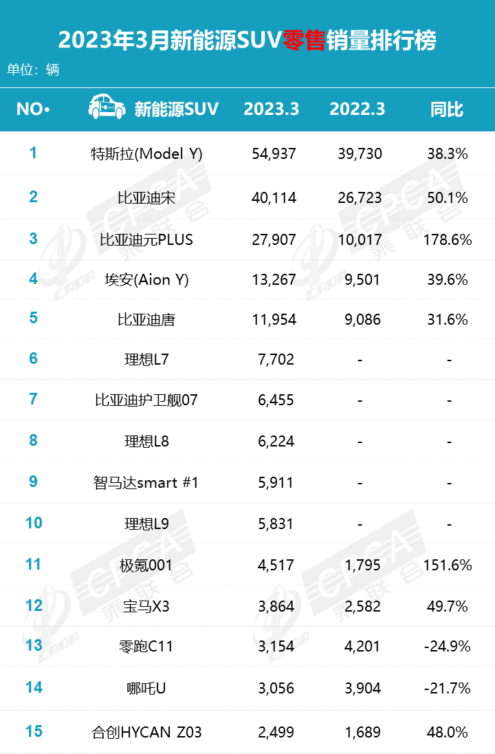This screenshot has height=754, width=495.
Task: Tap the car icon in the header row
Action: pyautogui.click(x=107, y=108)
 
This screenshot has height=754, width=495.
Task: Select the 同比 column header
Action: pyautogui.click(x=447, y=109)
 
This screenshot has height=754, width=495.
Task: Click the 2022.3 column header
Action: pyautogui.click(x=357, y=109)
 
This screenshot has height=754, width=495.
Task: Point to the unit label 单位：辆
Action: pyautogui.click(x=33, y=69)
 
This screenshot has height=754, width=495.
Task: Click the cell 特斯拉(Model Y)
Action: pyautogui.click(x=146, y=153)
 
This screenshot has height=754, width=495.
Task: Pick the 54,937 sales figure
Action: pyautogui.click(x=273, y=153)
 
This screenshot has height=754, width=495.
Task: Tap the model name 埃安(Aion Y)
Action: pyautogui.click(x=146, y=279)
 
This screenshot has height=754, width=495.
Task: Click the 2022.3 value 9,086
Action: pyautogui.click(x=360, y=319)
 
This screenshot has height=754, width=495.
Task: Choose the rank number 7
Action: pyautogui.click(x=33, y=399)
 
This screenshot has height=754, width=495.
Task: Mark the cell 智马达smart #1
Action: pyautogui.click(x=146, y=483)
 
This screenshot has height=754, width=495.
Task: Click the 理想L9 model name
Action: pyautogui.click(x=146, y=524)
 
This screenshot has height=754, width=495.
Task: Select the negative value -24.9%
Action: pyautogui.click(x=448, y=647)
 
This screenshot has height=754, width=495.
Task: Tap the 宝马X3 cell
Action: pyautogui.click(x=146, y=606)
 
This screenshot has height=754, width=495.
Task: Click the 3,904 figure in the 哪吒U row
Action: pyautogui.click(x=360, y=688)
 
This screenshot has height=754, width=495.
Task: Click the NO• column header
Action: pyautogui.click(x=33, y=109)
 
